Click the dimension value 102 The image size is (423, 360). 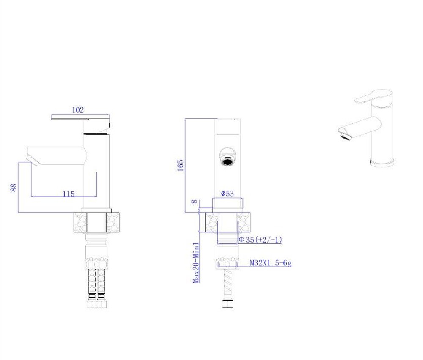click(x=78, y=110)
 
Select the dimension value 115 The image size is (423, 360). click(x=69, y=194)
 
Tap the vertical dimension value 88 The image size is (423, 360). click(x=14, y=188)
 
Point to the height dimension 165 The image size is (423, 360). click(x=181, y=166)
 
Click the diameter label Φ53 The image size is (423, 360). click(x=228, y=194)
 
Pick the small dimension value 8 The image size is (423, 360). click(x=194, y=202)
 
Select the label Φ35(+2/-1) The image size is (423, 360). click(x=260, y=240)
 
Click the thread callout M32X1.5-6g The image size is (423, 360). click(x=271, y=263)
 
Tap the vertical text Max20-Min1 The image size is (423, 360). click(x=196, y=263)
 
